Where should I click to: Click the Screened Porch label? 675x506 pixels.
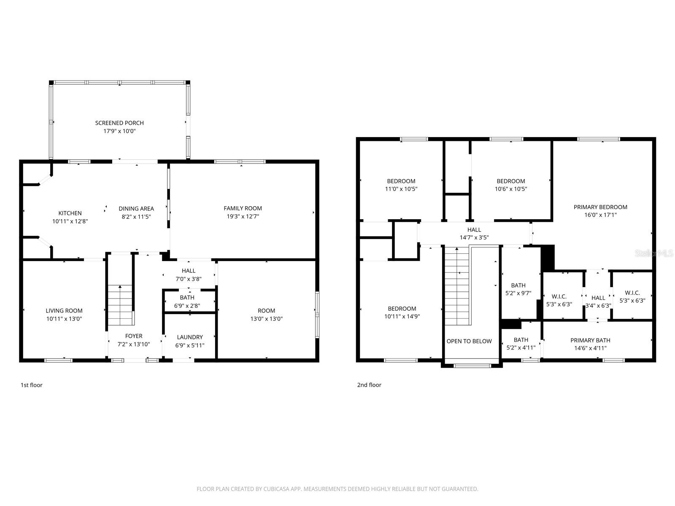click(x=119, y=123)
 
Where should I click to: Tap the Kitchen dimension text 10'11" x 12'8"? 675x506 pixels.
click(x=70, y=221)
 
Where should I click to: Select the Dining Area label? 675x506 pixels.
click(x=136, y=208)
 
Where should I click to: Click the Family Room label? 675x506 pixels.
click(x=243, y=208)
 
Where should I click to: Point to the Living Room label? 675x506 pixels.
click(x=64, y=311)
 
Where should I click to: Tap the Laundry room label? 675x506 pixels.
click(x=190, y=337)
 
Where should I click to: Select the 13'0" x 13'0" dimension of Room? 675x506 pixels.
click(x=266, y=319)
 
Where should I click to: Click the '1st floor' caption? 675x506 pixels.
click(x=32, y=385)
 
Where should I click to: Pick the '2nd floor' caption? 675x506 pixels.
click(x=369, y=385)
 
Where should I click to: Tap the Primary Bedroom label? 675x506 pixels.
click(x=600, y=207)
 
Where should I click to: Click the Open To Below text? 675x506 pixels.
click(x=469, y=341)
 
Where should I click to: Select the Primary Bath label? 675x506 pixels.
click(x=590, y=340)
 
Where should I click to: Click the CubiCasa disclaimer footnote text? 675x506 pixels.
click(x=337, y=489)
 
